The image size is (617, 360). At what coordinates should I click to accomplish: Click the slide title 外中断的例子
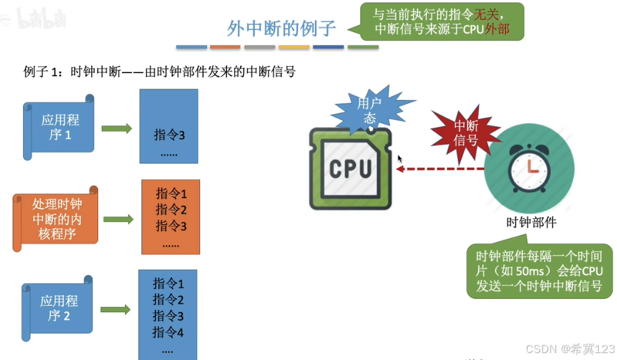(281, 28)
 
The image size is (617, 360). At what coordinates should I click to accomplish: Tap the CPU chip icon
(350, 168)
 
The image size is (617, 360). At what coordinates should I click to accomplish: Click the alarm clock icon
(528, 167)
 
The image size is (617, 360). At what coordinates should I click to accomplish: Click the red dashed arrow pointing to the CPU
(440, 169)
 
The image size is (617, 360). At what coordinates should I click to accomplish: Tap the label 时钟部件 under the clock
(531, 222)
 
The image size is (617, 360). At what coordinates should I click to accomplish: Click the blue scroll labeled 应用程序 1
(59, 127)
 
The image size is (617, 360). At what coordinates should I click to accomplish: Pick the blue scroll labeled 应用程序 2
(58, 308)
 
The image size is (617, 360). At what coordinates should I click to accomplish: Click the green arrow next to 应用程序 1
(116, 128)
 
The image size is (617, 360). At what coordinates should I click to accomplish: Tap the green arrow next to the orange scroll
(118, 220)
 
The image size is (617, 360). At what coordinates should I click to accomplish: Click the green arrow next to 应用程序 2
(116, 310)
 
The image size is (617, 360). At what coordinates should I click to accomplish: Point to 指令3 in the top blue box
(169, 135)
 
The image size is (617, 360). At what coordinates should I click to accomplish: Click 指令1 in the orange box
(171, 193)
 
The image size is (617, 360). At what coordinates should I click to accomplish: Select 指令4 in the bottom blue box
(168, 332)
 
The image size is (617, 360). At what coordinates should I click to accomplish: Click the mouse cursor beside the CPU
(399, 159)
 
